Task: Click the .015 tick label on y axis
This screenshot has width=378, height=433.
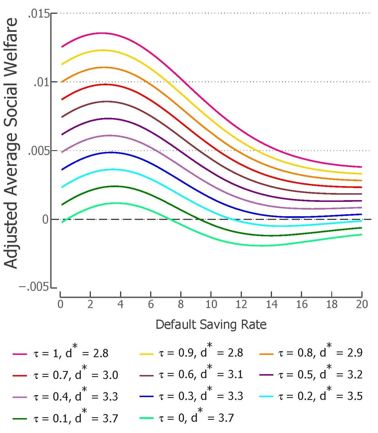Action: coord(38,13)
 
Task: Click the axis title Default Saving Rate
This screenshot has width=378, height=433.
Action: coord(211,324)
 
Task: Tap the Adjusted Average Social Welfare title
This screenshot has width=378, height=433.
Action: coord(11,144)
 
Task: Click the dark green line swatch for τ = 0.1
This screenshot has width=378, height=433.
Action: coord(20,419)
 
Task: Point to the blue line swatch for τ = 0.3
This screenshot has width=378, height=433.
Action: coord(146,397)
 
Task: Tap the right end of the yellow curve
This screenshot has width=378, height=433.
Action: coord(361,174)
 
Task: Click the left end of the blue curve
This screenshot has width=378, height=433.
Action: coord(62,170)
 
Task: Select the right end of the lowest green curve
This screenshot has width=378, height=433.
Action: coord(361,235)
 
